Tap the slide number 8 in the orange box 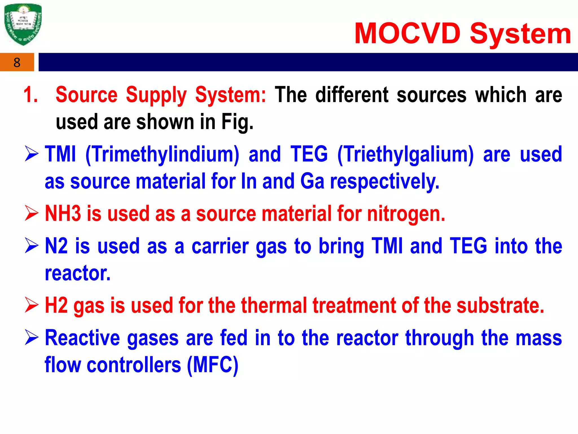[x=17, y=62]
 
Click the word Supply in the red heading [x=156, y=95]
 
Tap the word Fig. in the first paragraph [x=237, y=122]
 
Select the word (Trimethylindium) [x=162, y=155]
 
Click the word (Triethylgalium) [x=406, y=155]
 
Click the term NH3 [x=63, y=214]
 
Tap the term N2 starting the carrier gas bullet [x=56, y=246]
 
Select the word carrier [x=220, y=246]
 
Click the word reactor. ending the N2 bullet [x=78, y=273]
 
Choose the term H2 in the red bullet [x=56, y=306]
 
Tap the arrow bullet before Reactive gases [x=31, y=338]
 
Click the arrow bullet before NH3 [x=31, y=213]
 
